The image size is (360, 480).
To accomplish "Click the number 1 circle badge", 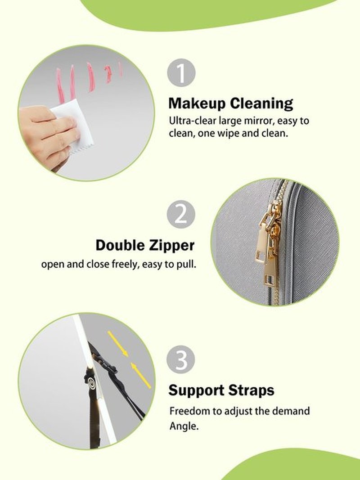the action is click(x=181, y=73).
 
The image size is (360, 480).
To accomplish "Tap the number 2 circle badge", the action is click(x=181, y=214).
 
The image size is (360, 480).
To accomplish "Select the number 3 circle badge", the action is click(x=181, y=360).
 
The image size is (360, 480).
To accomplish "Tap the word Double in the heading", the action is click(x=121, y=245).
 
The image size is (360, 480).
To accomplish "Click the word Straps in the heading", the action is click(x=252, y=390).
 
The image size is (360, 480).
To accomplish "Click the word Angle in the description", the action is click(x=184, y=426).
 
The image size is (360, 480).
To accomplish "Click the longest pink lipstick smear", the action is click(x=59, y=86).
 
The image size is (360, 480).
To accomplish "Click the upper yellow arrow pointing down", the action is click(x=118, y=344).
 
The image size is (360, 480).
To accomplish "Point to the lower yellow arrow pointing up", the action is click(x=141, y=376).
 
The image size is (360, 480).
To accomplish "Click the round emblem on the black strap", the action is click(x=91, y=382).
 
